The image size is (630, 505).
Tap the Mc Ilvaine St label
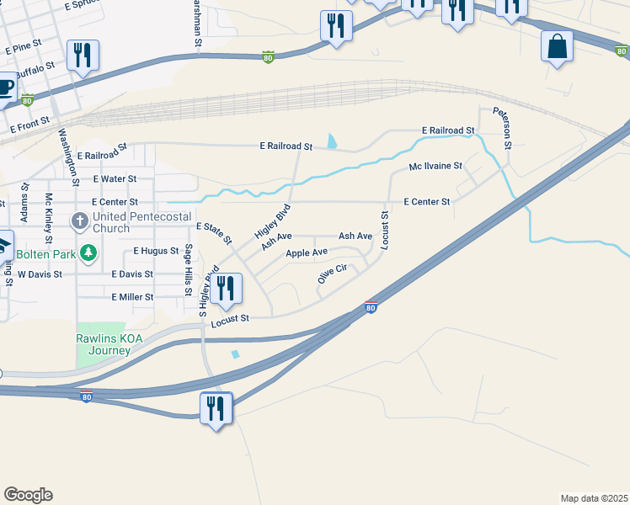pyautogui.click(x=435, y=167)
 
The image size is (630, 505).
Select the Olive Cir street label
pyautogui.click(x=333, y=274)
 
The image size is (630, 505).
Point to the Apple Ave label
pyautogui.click(x=307, y=252)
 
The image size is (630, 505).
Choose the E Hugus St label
pyautogui.click(x=156, y=251)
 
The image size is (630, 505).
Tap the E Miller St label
pyautogui.click(x=132, y=297)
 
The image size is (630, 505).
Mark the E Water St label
pyautogui.click(x=115, y=179)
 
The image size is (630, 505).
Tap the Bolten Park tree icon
pyautogui.click(x=88, y=252)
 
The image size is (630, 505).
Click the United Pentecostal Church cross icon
pyautogui.click(x=80, y=222)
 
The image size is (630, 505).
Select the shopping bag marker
pyautogui.click(x=558, y=46)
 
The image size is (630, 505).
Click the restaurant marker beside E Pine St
pyautogui.click(x=83, y=56)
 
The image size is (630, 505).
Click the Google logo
pyautogui.click(x=28, y=495)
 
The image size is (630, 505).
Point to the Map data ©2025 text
pyautogui.click(x=594, y=498)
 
